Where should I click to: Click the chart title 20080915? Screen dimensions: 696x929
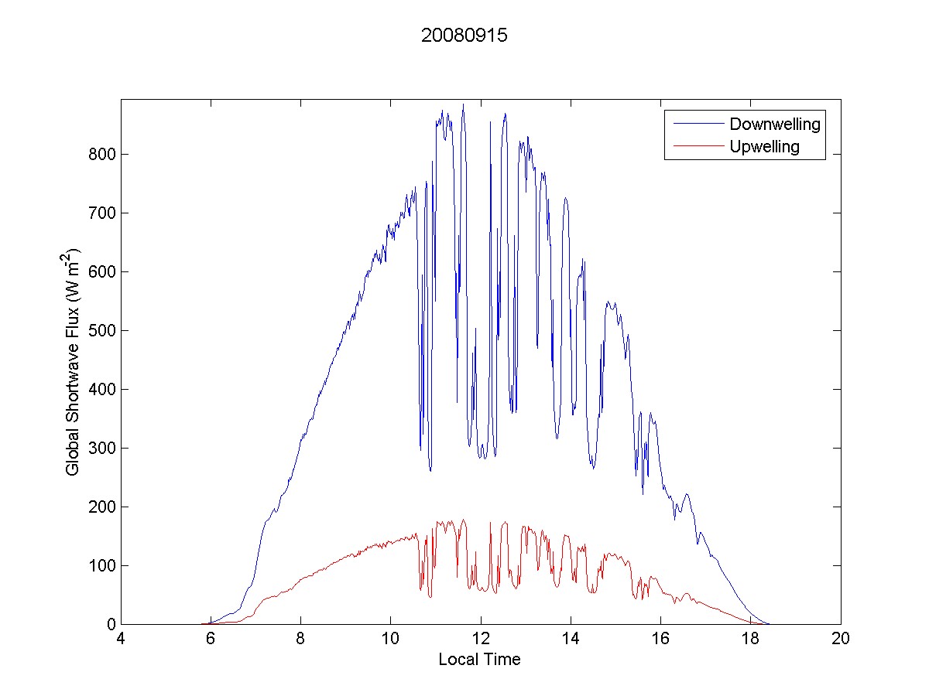tap(464, 36)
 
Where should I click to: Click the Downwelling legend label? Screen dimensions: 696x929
tap(774, 124)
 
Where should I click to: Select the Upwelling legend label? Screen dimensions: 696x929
tap(764, 146)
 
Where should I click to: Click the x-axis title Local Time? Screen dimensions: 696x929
tap(479, 660)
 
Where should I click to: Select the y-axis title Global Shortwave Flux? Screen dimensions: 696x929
tap(73, 361)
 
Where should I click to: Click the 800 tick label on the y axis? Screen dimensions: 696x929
tap(101, 155)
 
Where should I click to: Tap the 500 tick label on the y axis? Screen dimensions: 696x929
tap(101, 331)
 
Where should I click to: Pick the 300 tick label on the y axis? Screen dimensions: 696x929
tap(101, 449)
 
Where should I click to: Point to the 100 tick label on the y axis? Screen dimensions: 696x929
tap(101, 566)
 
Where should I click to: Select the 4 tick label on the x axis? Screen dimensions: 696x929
tap(121, 640)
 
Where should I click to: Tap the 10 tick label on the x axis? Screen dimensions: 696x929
tap(390, 640)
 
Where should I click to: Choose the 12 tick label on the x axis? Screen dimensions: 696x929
tap(481, 640)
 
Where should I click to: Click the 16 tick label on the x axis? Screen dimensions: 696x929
tap(660, 640)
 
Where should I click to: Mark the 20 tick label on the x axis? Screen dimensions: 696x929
tap(840, 640)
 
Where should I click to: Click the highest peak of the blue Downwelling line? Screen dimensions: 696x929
tap(463, 104)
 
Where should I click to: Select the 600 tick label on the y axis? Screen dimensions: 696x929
tap(101, 272)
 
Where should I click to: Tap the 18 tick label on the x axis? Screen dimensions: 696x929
tap(750, 640)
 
